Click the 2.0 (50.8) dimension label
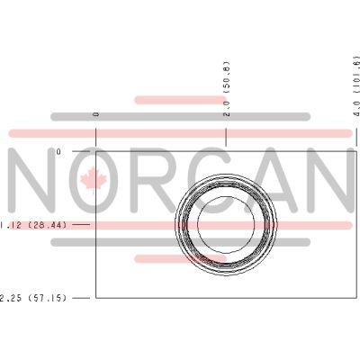227,89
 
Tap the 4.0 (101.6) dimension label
356,85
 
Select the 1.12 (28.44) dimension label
33,225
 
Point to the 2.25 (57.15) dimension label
33,298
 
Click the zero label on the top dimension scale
96,114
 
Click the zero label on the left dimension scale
58,152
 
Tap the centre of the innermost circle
226,224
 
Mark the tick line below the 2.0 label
226,137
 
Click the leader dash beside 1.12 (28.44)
81,224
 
